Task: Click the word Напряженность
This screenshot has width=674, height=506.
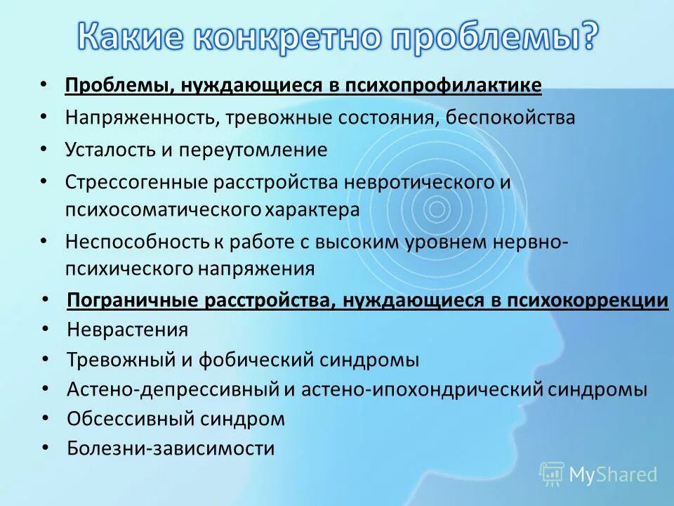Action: point(143,117)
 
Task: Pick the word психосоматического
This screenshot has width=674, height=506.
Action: point(164,209)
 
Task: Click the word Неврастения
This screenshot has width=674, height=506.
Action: point(128,330)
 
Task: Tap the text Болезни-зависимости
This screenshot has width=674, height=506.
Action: point(171,448)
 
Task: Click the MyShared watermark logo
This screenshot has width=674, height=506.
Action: point(598,474)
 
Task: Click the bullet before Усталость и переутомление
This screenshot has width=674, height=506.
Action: point(44,149)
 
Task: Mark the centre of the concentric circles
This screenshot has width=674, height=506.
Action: point(437,208)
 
